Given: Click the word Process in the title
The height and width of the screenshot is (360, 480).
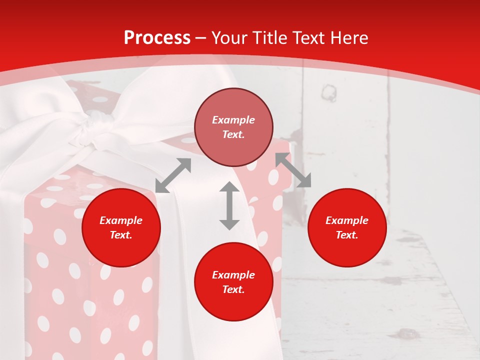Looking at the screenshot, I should (x=157, y=38).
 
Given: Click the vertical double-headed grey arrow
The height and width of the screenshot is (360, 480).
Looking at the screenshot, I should (x=229, y=205).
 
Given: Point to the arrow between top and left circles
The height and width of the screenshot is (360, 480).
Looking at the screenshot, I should (x=173, y=175).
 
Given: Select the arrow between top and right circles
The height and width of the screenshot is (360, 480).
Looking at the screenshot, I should (x=293, y=170).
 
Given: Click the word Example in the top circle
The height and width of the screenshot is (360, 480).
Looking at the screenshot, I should (x=233, y=120).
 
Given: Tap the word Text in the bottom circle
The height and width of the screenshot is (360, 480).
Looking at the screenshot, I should (x=233, y=289).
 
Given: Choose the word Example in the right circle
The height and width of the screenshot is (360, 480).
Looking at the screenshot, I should (x=347, y=220).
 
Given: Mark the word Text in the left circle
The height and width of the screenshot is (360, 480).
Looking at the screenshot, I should (x=121, y=235).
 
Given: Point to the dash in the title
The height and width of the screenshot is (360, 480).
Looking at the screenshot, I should (x=201, y=38).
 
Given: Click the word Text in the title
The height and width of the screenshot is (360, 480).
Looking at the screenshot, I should (x=308, y=38).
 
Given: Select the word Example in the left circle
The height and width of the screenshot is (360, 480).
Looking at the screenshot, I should (x=121, y=220).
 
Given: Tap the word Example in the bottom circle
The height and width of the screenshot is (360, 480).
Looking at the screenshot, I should (x=233, y=275).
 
